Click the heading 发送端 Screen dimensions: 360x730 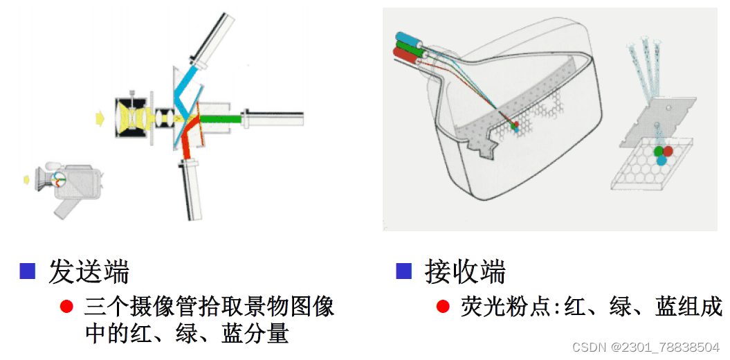coord(89,272)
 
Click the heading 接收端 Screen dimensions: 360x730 coord(465,272)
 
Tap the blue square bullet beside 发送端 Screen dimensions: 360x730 coord(27,271)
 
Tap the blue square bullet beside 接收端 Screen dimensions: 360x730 coord(403,271)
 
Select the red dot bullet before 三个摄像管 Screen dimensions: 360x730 coord(67,306)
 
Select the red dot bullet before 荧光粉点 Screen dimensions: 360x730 coord(444,306)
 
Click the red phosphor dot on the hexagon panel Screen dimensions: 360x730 coord(668,151)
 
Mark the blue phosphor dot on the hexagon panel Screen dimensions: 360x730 coord(661,160)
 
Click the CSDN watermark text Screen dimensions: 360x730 coord(647,346)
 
